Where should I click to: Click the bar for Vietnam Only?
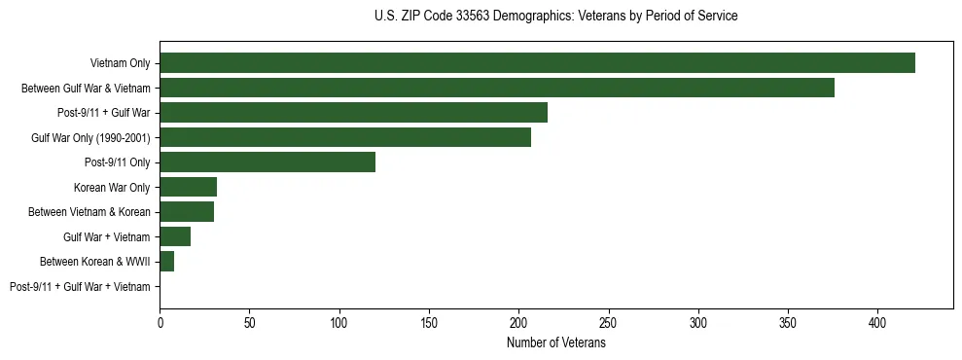click(x=537, y=63)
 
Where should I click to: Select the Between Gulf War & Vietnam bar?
click(x=497, y=88)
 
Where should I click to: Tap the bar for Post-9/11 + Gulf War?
click(x=353, y=113)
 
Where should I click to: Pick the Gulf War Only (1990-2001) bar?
click(x=345, y=137)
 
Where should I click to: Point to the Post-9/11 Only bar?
click(x=267, y=162)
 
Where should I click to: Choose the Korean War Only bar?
click(x=188, y=187)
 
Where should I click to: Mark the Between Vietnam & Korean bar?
click(x=187, y=212)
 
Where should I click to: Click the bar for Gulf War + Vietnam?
click(x=175, y=236)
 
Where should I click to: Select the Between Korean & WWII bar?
click(x=166, y=262)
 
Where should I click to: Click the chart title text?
click(x=555, y=17)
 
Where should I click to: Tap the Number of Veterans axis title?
click(x=555, y=343)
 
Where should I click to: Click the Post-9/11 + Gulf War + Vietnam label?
click(x=80, y=287)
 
